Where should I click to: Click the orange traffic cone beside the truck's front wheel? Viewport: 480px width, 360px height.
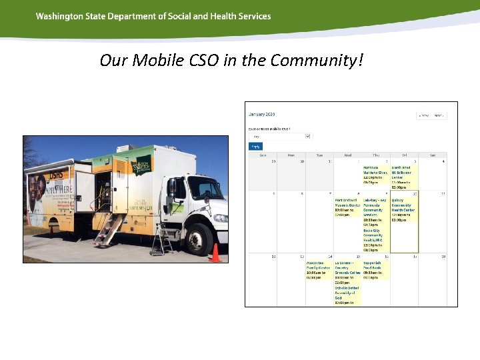215,253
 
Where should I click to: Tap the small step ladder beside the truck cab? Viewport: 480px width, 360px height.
161,244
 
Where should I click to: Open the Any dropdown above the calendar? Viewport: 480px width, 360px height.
281,136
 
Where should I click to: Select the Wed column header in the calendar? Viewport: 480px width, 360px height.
348,155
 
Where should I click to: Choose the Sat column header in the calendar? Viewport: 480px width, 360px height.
433,155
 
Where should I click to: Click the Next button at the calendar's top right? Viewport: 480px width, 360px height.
439,115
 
